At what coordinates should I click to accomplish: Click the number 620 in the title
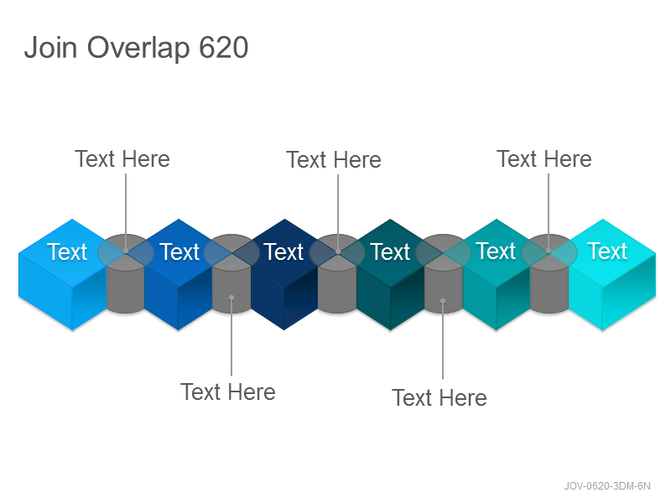(x=224, y=47)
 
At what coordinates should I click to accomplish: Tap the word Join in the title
(x=50, y=47)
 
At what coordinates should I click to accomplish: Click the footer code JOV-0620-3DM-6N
(x=606, y=486)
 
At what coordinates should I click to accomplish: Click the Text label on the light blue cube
(x=67, y=251)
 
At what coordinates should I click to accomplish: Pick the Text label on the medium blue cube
(x=179, y=251)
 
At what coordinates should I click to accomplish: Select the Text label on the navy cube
(x=283, y=251)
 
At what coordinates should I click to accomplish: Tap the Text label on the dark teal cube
(x=390, y=251)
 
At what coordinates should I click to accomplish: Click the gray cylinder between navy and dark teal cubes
(x=337, y=274)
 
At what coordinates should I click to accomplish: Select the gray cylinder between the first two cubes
(x=125, y=274)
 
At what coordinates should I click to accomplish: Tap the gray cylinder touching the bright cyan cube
(x=549, y=274)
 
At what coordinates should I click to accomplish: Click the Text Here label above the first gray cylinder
(x=122, y=159)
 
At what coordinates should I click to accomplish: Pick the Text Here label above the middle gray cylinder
(x=334, y=160)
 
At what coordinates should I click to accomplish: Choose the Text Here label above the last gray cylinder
(x=544, y=159)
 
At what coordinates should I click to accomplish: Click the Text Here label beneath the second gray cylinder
(x=228, y=392)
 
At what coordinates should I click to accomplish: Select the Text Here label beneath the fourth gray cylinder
(x=440, y=397)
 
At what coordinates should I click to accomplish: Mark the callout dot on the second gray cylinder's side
(x=231, y=298)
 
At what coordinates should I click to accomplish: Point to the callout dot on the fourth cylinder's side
(x=443, y=301)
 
